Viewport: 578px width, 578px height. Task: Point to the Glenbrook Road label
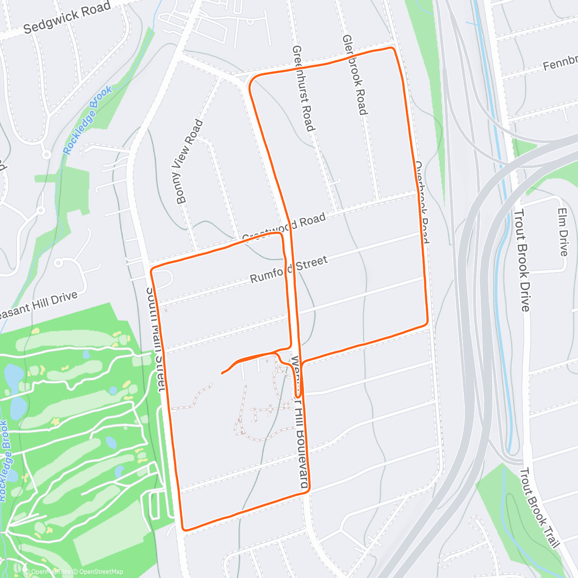(x=355, y=75)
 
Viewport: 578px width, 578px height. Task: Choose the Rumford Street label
(x=289, y=270)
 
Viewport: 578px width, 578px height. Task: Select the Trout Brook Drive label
(x=522, y=260)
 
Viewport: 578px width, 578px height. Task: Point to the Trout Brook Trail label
(x=539, y=508)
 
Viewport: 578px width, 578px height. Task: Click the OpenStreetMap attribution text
(x=99, y=572)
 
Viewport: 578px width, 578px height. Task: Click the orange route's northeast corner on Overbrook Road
(x=393, y=49)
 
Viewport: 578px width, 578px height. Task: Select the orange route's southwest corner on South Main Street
(x=184, y=528)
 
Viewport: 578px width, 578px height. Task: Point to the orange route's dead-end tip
(x=222, y=373)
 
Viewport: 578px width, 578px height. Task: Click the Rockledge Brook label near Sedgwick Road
(x=88, y=120)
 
